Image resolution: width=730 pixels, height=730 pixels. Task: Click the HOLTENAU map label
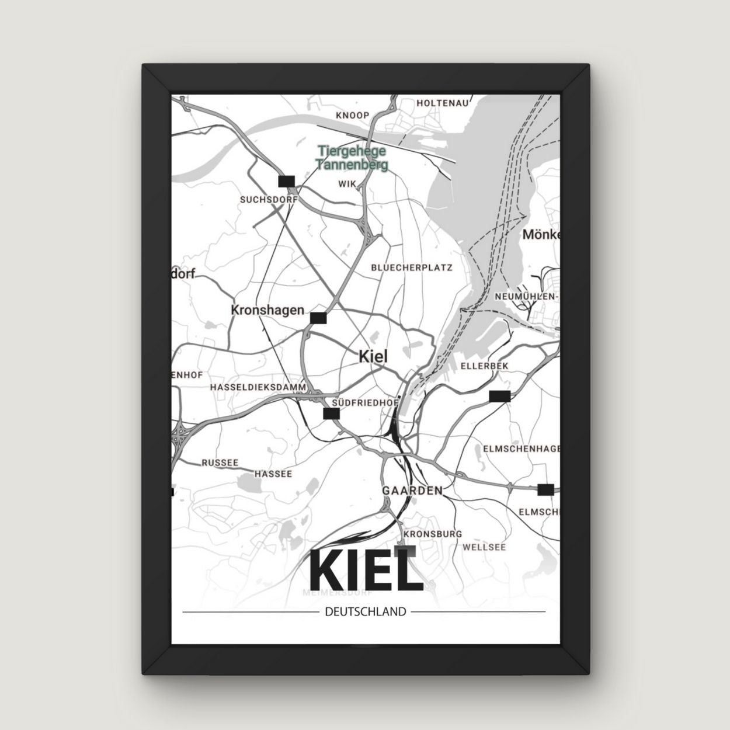coord(443,103)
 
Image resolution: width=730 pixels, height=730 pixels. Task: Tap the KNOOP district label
coord(353,116)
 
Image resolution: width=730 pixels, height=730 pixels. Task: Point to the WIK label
coord(347,184)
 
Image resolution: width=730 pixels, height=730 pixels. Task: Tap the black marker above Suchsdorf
coord(287,181)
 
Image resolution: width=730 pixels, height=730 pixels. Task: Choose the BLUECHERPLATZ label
coord(412,268)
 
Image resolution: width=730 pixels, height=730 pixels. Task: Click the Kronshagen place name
coord(267,310)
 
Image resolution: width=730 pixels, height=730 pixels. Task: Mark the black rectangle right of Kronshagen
coord(318,318)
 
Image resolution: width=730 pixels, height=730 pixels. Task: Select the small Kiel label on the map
coord(373,356)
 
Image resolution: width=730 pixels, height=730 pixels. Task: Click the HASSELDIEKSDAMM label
coord(259,387)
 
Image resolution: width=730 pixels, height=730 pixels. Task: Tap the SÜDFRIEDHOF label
coord(365,403)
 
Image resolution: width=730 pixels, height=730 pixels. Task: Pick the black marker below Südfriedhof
coord(331,413)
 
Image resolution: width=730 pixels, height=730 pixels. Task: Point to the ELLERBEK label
coord(485,366)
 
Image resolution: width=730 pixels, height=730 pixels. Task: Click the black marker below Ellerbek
coord(500,396)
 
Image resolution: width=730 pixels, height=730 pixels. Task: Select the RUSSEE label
coord(220,463)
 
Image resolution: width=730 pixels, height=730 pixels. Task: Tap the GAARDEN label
coord(412,491)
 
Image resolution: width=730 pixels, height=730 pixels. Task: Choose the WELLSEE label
coord(484,548)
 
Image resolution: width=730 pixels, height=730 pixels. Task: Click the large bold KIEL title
coord(365,569)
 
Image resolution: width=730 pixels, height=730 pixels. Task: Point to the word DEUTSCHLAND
coord(364,612)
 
